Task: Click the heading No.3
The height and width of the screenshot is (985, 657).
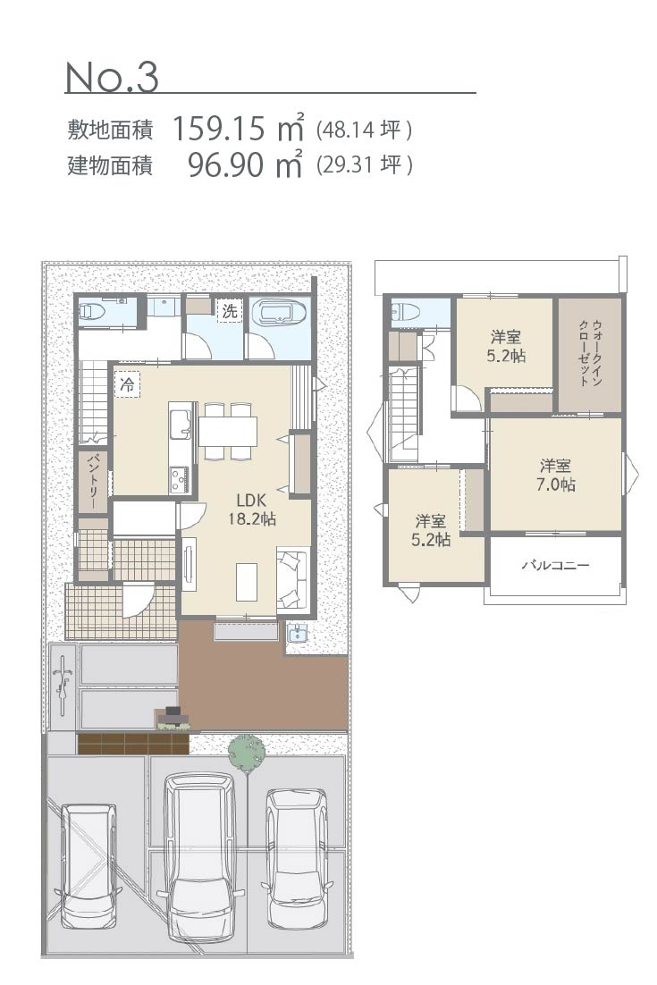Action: point(112,77)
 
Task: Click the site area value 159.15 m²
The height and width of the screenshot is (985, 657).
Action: point(238,128)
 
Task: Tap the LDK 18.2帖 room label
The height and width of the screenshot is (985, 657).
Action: point(252,509)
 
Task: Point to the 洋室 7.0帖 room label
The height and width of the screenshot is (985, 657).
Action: point(555,475)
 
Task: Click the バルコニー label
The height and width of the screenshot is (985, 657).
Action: point(556,566)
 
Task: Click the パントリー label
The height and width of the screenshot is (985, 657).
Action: point(92,481)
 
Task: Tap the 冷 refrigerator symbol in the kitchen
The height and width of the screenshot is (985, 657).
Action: point(128,383)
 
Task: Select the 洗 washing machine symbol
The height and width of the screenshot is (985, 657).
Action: point(230,311)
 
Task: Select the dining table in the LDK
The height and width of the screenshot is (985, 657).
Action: point(227,431)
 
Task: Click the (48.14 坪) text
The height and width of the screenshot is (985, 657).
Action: point(365,130)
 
